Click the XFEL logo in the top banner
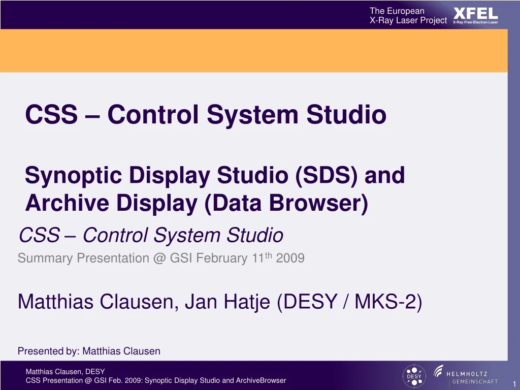(x=475, y=13)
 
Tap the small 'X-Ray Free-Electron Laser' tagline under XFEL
(x=475, y=22)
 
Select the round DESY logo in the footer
(x=414, y=375)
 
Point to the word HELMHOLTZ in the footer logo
(x=467, y=374)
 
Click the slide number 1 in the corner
(x=514, y=384)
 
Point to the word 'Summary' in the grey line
(x=45, y=258)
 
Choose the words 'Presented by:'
(x=48, y=351)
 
